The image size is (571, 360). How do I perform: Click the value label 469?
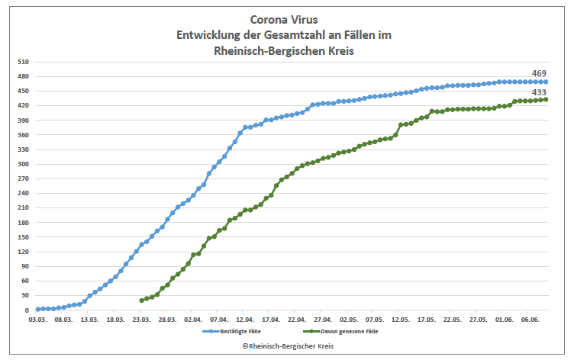(x=539, y=73)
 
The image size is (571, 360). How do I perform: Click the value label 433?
(x=539, y=92)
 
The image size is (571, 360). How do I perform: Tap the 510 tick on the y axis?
(x=24, y=62)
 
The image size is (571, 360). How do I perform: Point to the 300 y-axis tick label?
(x=24, y=165)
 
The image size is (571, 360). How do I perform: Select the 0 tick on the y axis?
(x=27, y=311)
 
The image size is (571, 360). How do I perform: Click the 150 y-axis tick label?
(x=24, y=238)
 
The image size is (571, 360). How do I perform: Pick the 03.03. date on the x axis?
(x=37, y=321)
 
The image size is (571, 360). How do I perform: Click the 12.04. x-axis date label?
(x=246, y=321)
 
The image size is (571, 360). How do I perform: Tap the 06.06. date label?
(x=530, y=321)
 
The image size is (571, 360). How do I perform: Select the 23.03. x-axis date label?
(x=141, y=321)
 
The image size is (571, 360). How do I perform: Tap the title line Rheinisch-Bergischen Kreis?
(x=283, y=50)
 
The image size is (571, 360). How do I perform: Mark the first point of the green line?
(x=142, y=301)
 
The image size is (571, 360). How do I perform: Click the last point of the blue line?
(x=546, y=82)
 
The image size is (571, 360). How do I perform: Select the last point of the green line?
(x=546, y=99)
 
